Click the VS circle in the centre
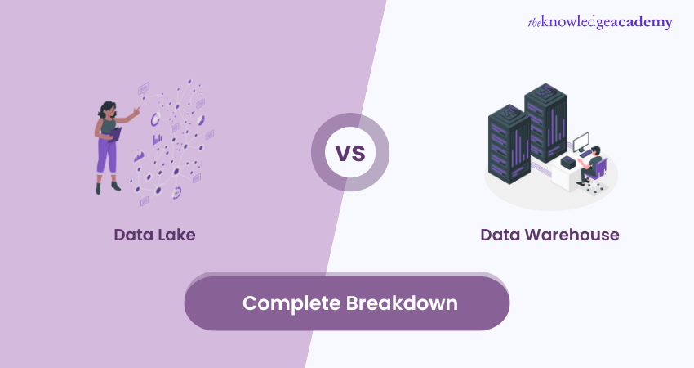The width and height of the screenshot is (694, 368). [x=349, y=153]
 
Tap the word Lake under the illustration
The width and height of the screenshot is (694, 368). [x=178, y=236]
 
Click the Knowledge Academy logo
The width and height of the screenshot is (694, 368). [x=600, y=22]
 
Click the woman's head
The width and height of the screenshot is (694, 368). [x=109, y=108]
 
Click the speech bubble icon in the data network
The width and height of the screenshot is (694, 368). [x=144, y=88]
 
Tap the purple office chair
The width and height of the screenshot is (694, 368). [x=600, y=171]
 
